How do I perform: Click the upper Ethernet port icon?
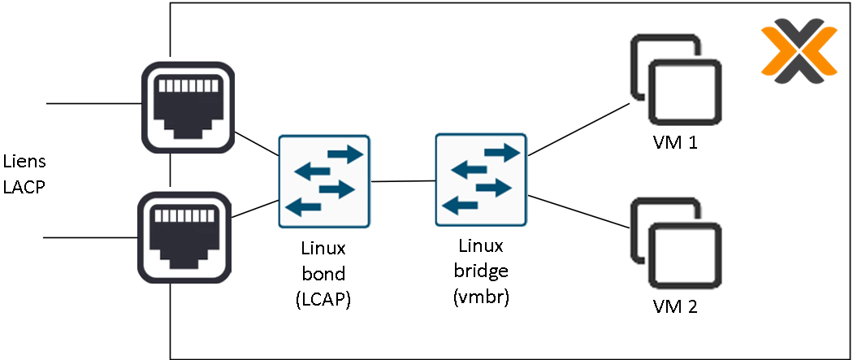click(x=188, y=106)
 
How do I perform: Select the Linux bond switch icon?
click(x=324, y=181)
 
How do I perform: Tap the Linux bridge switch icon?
click(x=480, y=180)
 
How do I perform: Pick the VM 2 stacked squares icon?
click(x=676, y=243)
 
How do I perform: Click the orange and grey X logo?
click(x=799, y=53)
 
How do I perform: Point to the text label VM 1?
click(x=675, y=144)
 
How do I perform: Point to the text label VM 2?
click(x=675, y=307)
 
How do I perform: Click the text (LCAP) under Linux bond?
click(x=323, y=300)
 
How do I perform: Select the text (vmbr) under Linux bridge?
click(x=480, y=297)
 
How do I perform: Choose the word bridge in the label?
click(x=480, y=271)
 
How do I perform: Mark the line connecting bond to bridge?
click(x=402, y=181)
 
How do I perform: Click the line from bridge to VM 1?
click(x=578, y=128)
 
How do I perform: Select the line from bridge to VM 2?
click(x=578, y=210)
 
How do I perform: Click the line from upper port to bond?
click(x=255, y=143)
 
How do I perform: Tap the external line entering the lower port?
click(x=89, y=237)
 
